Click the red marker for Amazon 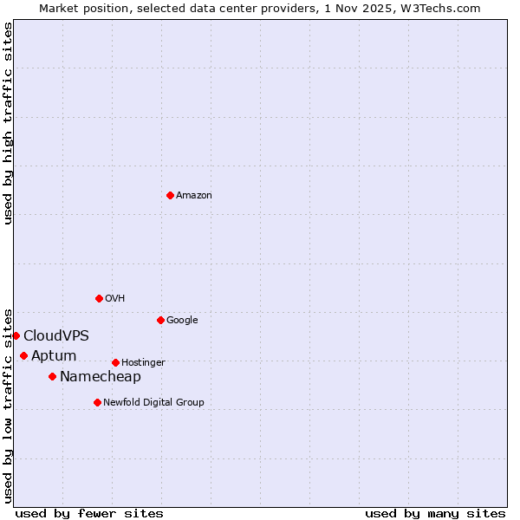[170, 195]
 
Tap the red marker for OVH [99, 298]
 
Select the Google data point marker [160, 320]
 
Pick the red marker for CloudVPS [16, 335]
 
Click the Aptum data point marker [23, 355]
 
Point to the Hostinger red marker [115, 362]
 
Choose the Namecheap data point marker [52, 376]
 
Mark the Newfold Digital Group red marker [97, 402]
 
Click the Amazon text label [194, 196]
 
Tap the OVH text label [115, 299]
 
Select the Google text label [182, 321]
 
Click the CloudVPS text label [56, 336]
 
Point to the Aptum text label [54, 356]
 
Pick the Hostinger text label [143, 363]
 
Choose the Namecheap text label [101, 377]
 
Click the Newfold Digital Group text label [153, 403]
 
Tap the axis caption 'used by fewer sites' [89, 513]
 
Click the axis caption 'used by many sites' [435, 513]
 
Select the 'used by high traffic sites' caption [9, 123]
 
